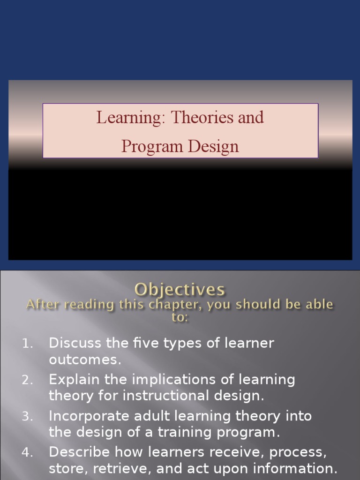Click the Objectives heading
[x=180, y=289]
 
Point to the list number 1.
[x=28, y=344]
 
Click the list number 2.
[x=28, y=380]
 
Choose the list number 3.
[x=28, y=416]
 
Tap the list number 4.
[x=28, y=452]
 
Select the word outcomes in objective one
[x=84, y=360]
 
